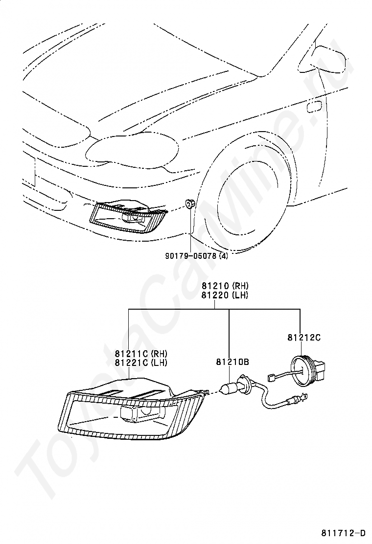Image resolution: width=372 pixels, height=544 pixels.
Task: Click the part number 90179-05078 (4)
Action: pyautogui.click(x=196, y=256)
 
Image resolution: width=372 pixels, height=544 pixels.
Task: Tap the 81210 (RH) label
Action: pyautogui.click(x=225, y=286)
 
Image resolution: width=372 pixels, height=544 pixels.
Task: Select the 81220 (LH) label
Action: pyautogui.click(x=225, y=295)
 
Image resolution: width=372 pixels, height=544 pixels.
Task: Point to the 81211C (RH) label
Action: pyautogui.click(x=141, y=354)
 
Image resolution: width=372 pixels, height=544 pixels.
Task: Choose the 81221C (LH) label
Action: pyautogui.click(x=141, y=363)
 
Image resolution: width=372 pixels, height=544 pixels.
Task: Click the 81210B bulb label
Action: pyautogui.click(x=232, y=362)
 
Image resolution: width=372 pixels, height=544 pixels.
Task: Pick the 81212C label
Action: pyautogui.click(x=303, y=337)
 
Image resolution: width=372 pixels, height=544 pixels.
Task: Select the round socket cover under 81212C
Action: pyautogui.click(x=301, y=372)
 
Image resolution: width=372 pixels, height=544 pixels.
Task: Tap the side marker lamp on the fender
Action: pyautogui.click(x=315, y=107)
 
